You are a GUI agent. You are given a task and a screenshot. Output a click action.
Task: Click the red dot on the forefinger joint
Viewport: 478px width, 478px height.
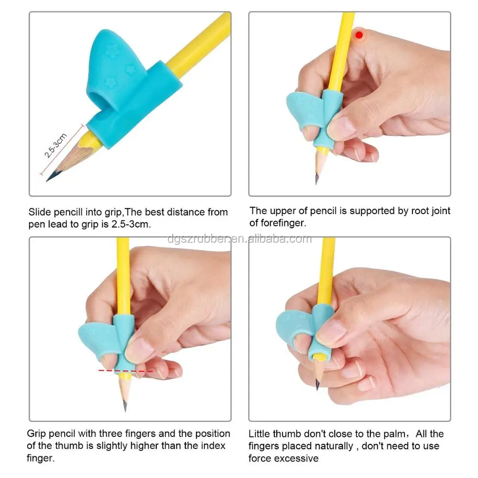[x=358, y=34]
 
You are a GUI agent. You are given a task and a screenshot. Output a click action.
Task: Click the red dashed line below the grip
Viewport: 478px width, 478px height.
[x=125, y=370]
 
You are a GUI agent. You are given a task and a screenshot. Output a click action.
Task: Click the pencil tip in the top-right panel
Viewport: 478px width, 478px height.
[x=317, y=181]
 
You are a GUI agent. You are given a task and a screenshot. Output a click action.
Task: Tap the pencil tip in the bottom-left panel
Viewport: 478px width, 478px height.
[x=125, y=408]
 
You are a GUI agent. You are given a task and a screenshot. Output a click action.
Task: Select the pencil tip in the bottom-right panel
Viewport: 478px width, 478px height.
[x=317, y=386]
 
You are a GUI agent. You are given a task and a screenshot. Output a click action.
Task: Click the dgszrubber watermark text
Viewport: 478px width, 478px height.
[x=239, y=239]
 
